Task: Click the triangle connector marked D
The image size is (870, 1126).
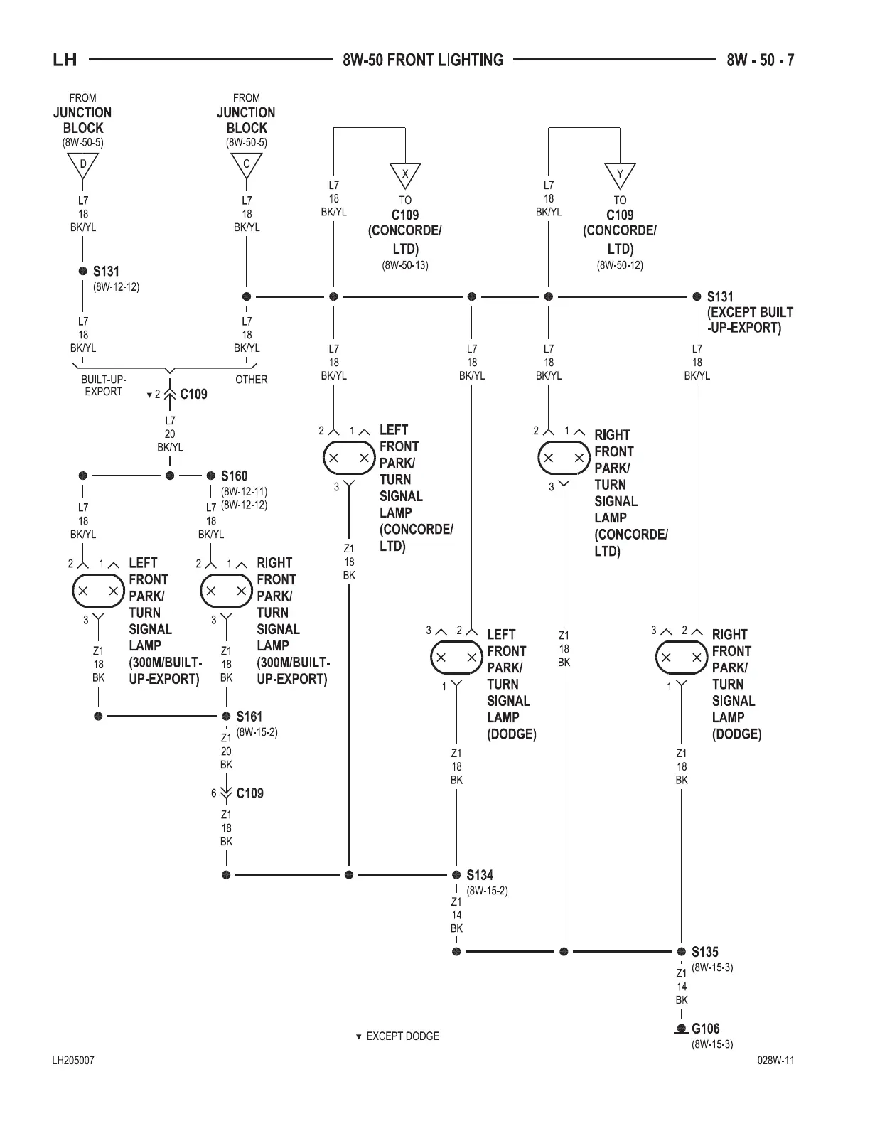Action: [x=83, y=165]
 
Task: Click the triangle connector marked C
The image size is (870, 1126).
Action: [x=247, y=165]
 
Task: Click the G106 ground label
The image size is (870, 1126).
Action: [x=705, y=1028]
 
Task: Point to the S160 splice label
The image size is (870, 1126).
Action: [x=234, y=476]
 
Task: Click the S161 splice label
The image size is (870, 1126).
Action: [x=249, y=716]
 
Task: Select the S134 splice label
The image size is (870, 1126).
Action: [x=480, y=875]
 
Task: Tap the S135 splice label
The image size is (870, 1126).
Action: [x=705, y=951]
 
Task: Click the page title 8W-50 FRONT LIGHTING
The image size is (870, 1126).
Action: [x=423, y=60]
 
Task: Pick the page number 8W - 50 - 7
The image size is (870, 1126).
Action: [x=761, y=60]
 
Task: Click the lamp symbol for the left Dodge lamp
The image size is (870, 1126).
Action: [x=456, y=658]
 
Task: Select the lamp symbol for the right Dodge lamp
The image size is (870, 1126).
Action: [x=682, y=658]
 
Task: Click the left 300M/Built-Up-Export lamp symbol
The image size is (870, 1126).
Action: [x=98, y=591]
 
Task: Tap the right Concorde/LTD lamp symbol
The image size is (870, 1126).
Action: [x=564, y=458]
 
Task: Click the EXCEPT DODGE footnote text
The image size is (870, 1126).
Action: [x=402, y=1036]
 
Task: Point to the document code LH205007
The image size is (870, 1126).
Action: [x=73, y=1061]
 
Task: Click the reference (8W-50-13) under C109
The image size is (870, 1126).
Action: [x=405, y=265]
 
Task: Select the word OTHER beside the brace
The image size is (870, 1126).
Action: [x=251, y=380]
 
